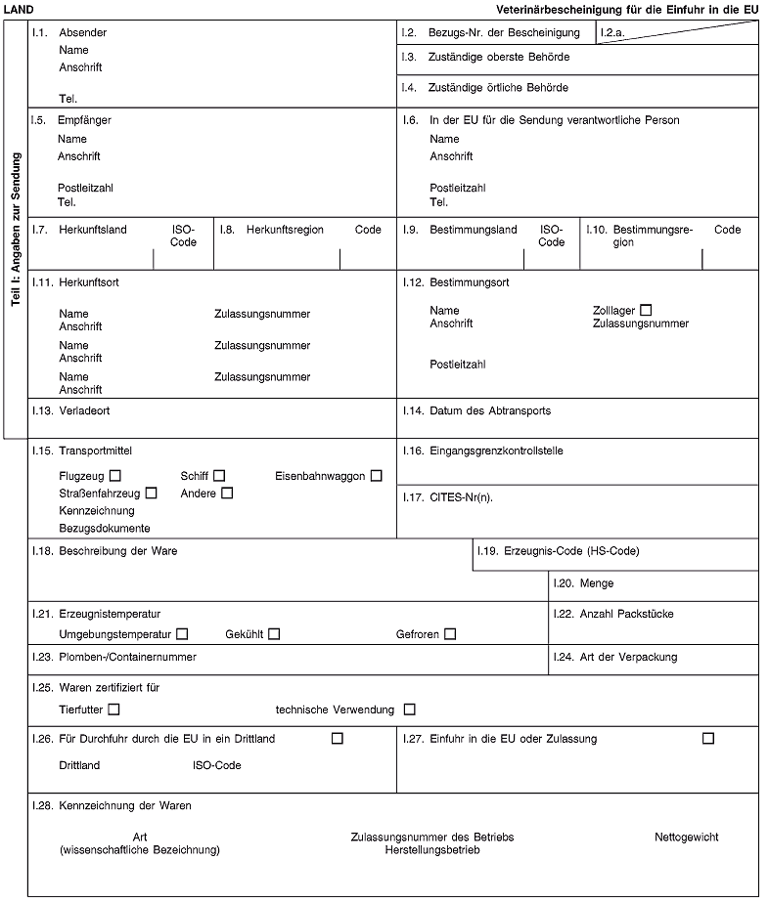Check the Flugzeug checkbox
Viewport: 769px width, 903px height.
coord(115,476)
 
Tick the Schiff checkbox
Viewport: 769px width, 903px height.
coord(219,476)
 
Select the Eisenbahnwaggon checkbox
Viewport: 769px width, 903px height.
coord(376,476)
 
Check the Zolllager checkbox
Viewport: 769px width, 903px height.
coord(645,310)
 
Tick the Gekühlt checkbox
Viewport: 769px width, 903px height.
coord(274,634)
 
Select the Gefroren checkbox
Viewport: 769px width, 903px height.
coord(449,634)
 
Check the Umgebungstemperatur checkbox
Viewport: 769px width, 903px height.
coord(183,634)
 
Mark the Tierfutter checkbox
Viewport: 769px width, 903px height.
coord(115,709)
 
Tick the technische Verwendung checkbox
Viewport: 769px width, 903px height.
coord(409,709)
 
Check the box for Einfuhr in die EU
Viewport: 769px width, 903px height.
coord(707,738)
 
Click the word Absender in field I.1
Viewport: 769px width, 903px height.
coord(83,32)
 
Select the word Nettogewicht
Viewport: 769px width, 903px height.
coord(686,838)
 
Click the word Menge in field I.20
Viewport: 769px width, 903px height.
coord(597,583)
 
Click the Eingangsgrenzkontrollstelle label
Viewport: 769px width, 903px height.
coord(497,451)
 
